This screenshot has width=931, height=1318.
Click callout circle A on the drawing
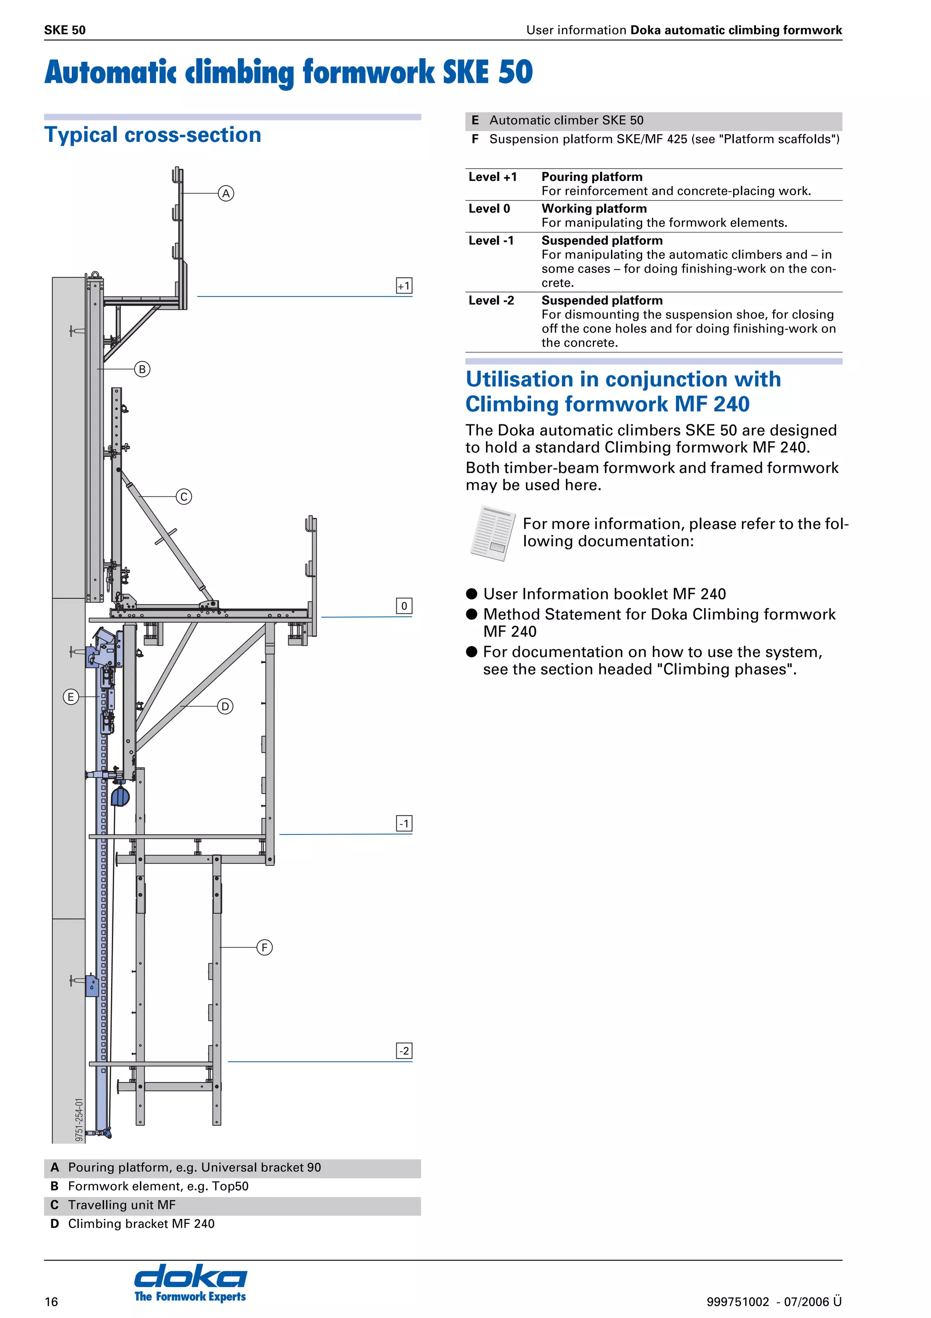(226, 193)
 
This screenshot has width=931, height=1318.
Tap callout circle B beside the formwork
(142, 369)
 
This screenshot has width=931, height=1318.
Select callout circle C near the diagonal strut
(184, 497)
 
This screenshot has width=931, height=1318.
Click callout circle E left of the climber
(70, 697)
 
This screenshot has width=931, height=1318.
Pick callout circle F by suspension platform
(265, 947)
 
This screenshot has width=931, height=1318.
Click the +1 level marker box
(404, 286)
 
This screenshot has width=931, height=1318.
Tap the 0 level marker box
(404, 606)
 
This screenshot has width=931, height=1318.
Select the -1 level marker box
(404, 824)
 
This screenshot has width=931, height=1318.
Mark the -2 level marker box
(404, 1051)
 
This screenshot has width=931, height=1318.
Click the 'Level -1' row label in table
(491, 241)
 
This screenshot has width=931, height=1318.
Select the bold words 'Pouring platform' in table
(591, 177)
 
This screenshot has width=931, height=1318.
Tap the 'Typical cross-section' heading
(153, 135)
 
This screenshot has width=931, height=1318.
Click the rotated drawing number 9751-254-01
(79, 1119)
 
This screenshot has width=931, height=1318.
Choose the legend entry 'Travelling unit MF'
(122, 1205)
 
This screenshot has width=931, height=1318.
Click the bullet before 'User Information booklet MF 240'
(471, 594)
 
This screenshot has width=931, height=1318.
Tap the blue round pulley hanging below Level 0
(120, 797)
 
